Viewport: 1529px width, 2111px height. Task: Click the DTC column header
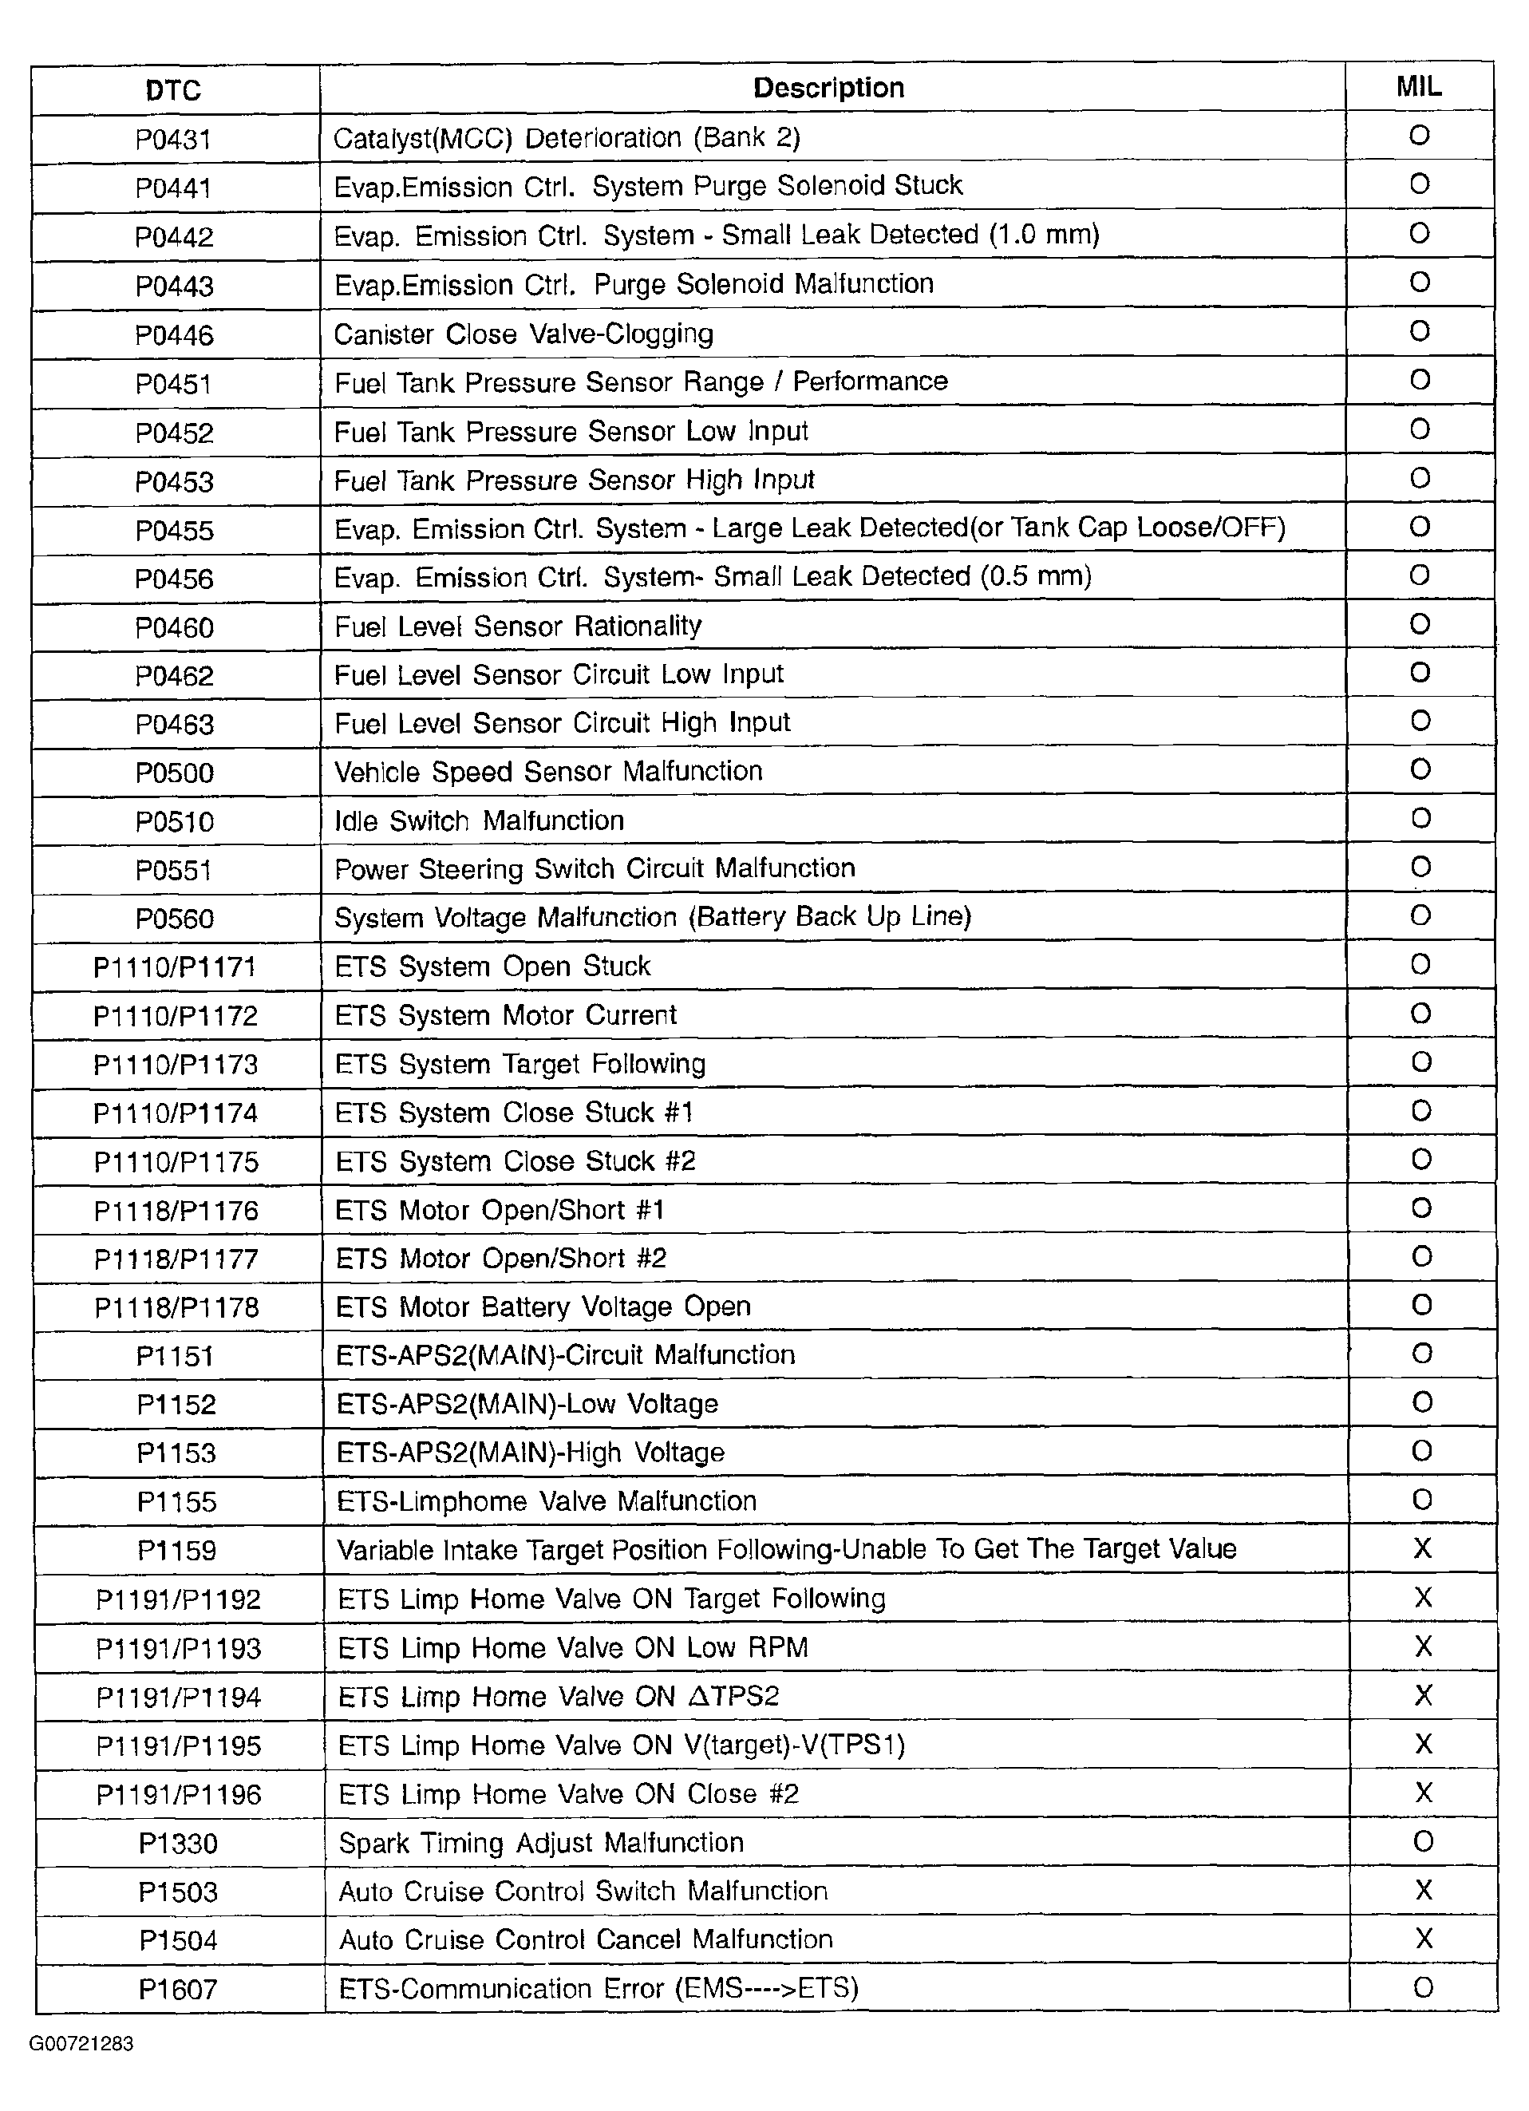[173, 90]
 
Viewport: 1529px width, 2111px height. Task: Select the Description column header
[828, 88]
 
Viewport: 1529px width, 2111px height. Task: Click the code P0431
[174, 140]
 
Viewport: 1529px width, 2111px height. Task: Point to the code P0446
[174, 335]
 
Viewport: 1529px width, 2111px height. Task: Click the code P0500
[174, 773]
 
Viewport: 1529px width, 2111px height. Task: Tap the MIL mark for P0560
[1420, 916]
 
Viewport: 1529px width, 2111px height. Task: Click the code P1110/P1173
[175, 1065]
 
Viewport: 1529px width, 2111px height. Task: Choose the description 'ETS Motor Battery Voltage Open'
[543, 1307]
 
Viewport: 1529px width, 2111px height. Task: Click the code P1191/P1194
[179, 1698]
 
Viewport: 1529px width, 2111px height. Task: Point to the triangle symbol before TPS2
[699, 1696]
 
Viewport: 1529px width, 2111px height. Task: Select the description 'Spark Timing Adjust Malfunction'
[541, 1843]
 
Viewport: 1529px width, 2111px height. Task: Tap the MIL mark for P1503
[1423, 1891]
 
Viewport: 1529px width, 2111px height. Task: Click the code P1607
[178, 1990]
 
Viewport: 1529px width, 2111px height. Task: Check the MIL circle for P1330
[1423, 1841]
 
